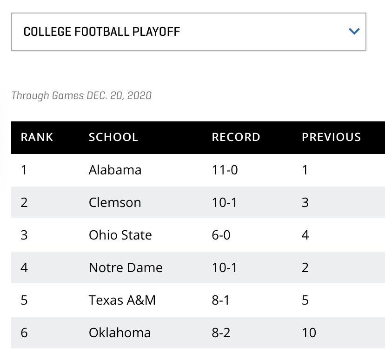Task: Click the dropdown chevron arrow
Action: coord(354,32)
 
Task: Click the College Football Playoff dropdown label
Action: coord(101,32)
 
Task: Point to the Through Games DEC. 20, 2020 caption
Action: coord(81,96)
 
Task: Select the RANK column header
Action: coord(37,137)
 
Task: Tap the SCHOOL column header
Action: coord(113,137)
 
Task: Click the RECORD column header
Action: coord(236,137)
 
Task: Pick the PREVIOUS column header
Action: coord(331,137)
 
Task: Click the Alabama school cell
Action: coord(115,170)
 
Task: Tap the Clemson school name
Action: coord(114,202)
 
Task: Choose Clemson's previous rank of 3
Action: coord(305,202)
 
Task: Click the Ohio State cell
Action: coord(120,235)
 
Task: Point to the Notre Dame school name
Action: coord(126,267)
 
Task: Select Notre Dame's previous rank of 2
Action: coord(305,267)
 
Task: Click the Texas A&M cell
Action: coord(122,300)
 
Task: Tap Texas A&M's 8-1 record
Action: coord(221,300)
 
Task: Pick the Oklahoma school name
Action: coord(119,333)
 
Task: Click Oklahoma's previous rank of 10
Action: coord(309,333)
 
